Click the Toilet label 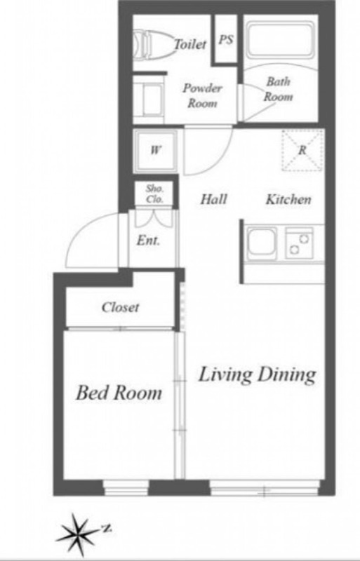tap(190, 44)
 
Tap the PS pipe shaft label tap(226, 39)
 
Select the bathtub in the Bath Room tap(281, 40)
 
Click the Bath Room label tap(279, 89)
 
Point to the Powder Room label tap(202, 95)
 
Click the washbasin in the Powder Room tap(149, 99)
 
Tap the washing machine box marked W tap(155, 150)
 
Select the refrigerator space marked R tap(302, 150)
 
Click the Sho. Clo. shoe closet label tap(155, 194)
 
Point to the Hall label tap(214, 199)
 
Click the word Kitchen tap(288, 199)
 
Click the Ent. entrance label tap(148, 241)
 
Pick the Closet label tap(120, 307)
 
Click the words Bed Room tap(119, 393)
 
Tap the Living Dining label tap(258, 375)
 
